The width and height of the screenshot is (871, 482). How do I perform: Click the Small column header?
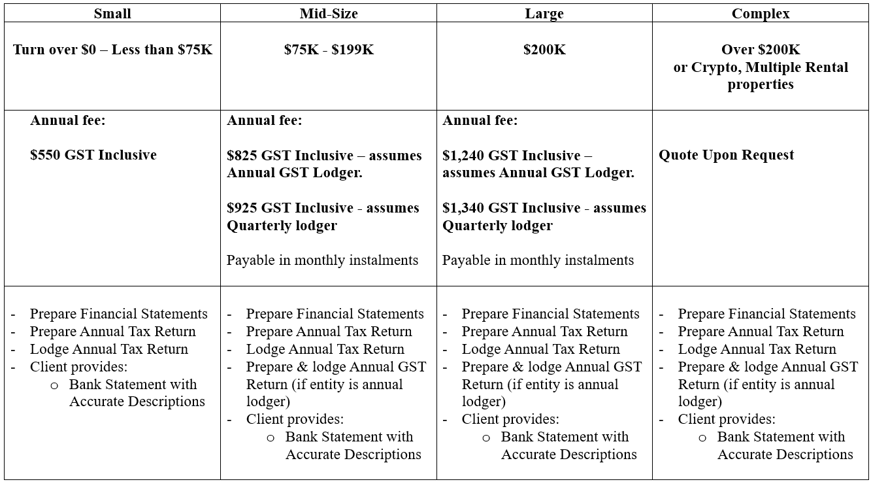112,14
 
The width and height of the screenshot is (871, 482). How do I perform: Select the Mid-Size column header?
329,14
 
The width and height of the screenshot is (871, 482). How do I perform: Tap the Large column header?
544,14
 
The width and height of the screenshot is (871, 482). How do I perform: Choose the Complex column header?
761,14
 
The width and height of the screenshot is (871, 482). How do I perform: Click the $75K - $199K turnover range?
329,50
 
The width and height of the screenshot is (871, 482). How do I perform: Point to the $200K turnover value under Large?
544,50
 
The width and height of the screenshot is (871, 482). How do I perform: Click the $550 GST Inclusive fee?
93,155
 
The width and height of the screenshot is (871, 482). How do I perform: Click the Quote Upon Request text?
727,155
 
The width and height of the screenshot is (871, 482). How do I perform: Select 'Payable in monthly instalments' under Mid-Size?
322,260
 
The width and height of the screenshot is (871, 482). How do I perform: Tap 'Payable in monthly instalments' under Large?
538,260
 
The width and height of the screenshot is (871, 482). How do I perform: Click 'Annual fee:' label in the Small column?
68,120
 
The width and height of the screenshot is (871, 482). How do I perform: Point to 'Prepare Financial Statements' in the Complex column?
766,314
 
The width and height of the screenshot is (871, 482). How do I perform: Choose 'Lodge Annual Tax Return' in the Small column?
109,349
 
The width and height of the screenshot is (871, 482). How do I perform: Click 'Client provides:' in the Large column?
510,419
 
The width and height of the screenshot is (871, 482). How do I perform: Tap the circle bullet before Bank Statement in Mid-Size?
271,438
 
